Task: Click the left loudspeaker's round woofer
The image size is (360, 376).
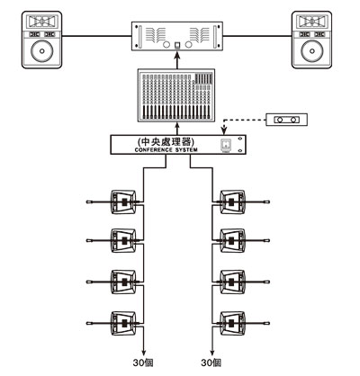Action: coord(42,50)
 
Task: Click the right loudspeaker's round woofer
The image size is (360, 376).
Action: coord(312,50)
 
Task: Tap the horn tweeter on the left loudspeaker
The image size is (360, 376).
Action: coord(42,22)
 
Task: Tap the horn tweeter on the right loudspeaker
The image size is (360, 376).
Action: coord(312,22)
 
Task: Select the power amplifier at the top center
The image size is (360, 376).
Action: coord(177,36)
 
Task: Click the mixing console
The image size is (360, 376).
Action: coord(176,95)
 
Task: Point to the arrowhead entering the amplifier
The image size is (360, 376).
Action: coord(177,54)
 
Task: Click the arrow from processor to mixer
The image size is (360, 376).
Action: coord(177,129)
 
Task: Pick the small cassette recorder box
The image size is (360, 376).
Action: coord(286,120)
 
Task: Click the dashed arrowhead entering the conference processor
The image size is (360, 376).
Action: coord(223,130)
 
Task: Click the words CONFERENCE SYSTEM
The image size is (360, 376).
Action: coord(166,150)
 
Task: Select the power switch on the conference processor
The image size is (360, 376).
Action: coord(226,146)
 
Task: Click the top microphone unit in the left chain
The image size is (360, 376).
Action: coord(123,201)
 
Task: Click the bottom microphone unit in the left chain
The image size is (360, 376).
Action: coord(123,323)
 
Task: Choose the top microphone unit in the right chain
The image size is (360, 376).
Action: coord(232,201)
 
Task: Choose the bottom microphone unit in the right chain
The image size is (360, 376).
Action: coord(232,323)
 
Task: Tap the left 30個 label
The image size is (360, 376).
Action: coord(143,363)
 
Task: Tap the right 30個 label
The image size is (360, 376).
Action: coord(211,363)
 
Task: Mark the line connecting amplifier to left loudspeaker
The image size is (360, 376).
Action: coord(97,36)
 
